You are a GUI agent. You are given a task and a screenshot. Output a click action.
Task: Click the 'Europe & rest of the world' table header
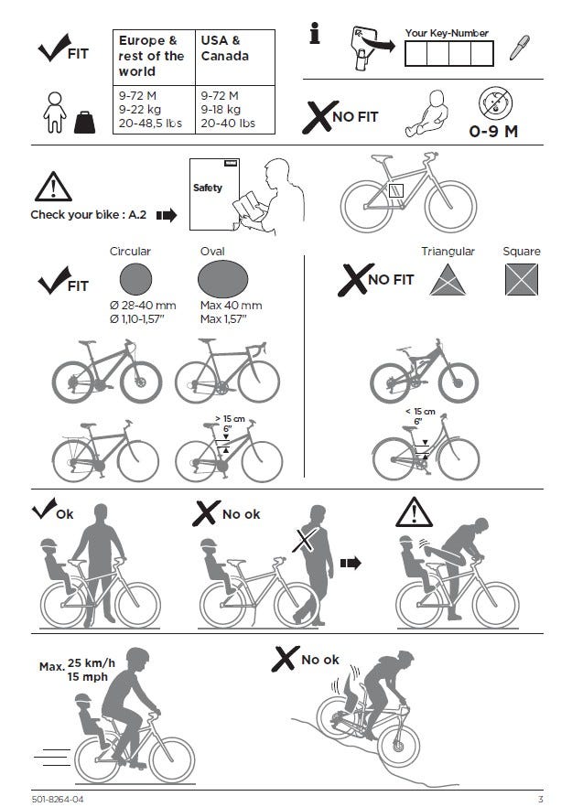(151, 56)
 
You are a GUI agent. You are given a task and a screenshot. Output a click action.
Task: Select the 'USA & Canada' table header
(225, 48)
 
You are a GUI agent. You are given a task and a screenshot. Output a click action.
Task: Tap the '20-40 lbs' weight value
(228, 123)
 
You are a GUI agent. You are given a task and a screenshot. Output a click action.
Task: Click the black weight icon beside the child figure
(84, 123)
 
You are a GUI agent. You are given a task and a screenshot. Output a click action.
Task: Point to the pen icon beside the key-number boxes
(519, 48)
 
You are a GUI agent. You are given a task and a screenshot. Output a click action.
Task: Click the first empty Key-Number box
(416, 53)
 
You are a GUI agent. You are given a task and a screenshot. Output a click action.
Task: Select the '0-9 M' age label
(493, 131)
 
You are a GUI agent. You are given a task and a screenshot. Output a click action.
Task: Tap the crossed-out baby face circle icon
(495, 102)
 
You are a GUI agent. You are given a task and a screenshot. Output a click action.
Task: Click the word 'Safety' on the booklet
(208, 188)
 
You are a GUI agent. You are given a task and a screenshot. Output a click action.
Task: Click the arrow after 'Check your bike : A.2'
(167, 215)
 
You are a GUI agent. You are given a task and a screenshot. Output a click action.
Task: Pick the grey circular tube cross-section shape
(136, 279)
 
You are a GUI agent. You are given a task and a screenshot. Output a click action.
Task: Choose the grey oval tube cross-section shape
(223, 279)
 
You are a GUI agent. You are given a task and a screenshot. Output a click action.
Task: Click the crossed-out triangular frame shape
(448, 280)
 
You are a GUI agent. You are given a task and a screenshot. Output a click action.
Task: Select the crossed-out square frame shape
(522, 279)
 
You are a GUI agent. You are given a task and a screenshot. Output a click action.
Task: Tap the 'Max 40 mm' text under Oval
(232, 306)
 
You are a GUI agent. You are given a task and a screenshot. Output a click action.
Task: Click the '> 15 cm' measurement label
(230, 419)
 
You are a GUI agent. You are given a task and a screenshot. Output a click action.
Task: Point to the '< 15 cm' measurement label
(420, 412)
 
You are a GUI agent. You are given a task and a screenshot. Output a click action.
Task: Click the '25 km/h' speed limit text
(92, 662)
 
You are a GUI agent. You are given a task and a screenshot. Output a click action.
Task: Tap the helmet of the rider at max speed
(137, 657)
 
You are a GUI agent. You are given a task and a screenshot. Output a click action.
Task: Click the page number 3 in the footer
(541, 800)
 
